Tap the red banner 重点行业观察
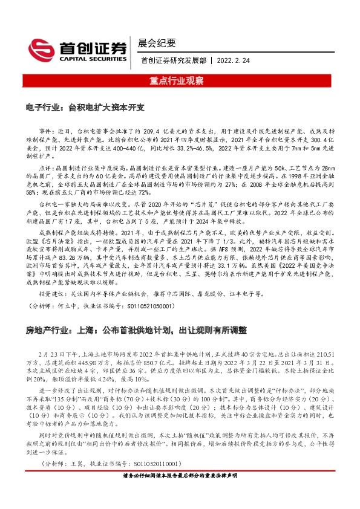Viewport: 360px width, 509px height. tap(180, 80)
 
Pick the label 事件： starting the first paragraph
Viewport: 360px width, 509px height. tap(47, 130)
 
